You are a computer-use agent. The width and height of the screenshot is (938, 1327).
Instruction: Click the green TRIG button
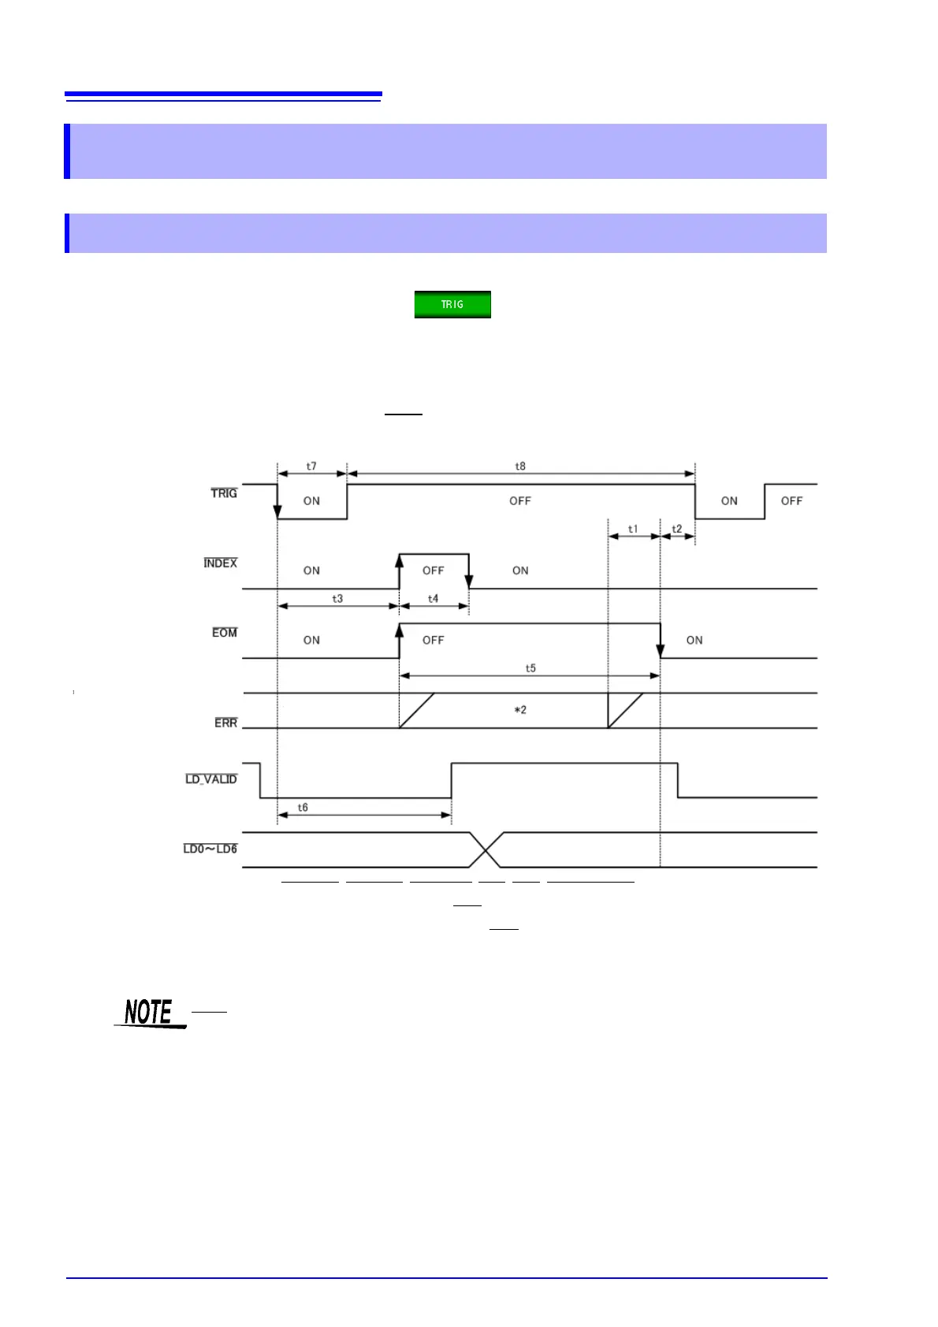tap(452, 304)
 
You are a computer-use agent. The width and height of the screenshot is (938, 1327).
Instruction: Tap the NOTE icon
tap(150, 1013)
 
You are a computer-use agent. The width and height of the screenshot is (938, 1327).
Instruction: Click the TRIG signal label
tap(224, 493)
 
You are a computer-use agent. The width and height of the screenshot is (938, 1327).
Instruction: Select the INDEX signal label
tap(221, 563)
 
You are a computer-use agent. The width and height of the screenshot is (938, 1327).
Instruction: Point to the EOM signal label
tap(225, 633)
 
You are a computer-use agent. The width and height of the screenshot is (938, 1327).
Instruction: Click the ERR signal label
tap(226, 723)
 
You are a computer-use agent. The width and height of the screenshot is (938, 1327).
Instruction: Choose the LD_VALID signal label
tap(211, 779)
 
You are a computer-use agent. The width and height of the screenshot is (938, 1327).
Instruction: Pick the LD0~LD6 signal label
tap(210, 849)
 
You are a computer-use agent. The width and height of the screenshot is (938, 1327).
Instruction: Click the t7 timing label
tap(311, 466)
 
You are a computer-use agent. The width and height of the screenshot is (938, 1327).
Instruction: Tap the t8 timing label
tap(520, 466)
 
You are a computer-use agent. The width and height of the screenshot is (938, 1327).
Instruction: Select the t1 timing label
tap(633, 530)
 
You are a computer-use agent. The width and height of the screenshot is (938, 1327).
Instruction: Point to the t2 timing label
tap(677, 530)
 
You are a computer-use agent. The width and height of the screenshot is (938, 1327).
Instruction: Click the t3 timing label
tap(337, 599)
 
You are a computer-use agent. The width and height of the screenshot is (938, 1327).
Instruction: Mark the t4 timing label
tap(433, 599)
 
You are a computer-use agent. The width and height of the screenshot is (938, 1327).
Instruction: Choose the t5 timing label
tap(530, 668)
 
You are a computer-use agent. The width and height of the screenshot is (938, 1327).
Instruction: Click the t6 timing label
tap(303, 808)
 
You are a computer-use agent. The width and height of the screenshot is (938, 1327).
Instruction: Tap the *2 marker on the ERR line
tap(520, 710)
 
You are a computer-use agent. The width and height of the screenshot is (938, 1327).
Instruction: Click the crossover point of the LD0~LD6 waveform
tap(487, 849)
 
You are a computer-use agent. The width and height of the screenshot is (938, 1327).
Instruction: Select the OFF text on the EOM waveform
tap(433, 640)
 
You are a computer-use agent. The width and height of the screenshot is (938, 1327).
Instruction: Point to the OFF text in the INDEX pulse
tap(433, 571)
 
